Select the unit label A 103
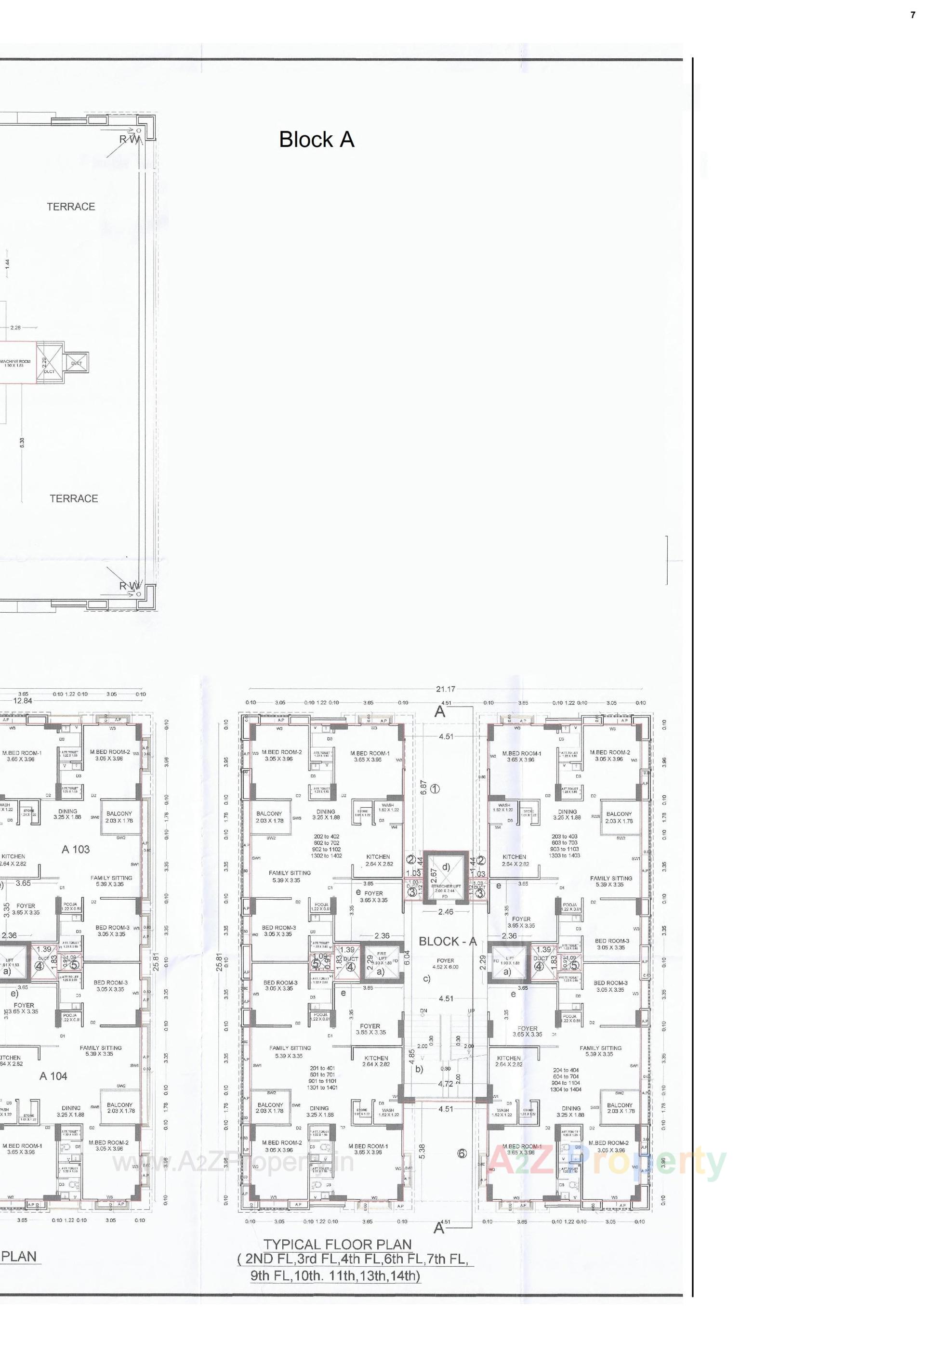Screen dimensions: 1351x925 click(76, 849)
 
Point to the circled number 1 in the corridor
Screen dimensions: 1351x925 click(435, 789)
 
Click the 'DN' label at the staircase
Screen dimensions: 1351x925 click(423, 1010)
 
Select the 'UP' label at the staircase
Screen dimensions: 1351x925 click(471, 1010)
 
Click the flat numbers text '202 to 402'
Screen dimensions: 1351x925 click(327, 837)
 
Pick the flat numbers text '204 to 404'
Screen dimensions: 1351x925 click(566, 1070)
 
